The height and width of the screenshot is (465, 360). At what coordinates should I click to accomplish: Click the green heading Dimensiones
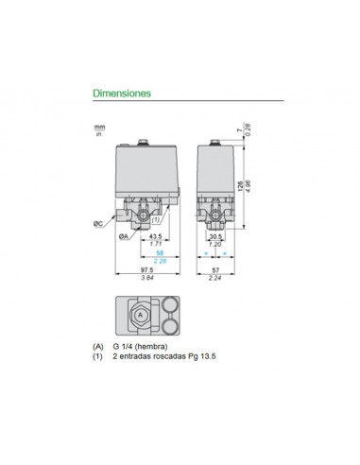click(x=122, y=95)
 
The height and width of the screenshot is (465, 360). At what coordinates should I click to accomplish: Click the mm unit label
click(x=98, y=124)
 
